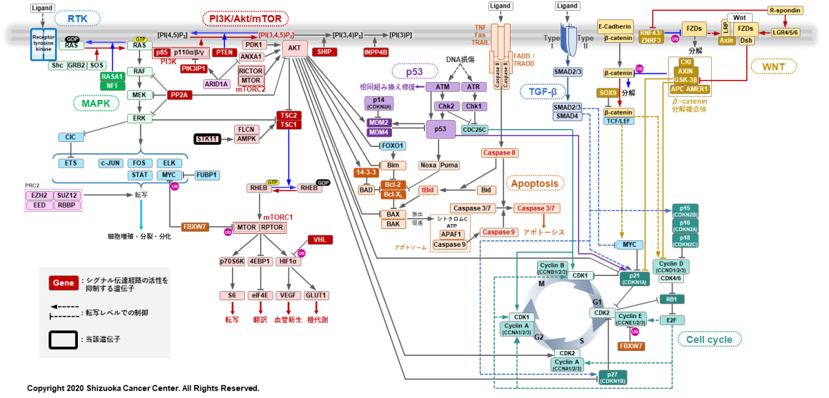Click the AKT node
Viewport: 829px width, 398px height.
[295, 49]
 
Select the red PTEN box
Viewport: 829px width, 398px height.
[225, 52]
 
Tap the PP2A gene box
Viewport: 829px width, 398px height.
[180, 95]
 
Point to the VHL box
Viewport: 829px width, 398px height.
[319, 240]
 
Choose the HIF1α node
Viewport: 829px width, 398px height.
[290, 262]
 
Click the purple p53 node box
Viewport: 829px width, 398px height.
[441, 129]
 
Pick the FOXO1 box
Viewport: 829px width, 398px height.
[393, 146]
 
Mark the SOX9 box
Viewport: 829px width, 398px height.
[608, 93]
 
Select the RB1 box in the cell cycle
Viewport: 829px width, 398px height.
[671, 300]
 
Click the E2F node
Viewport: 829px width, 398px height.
[671, 320]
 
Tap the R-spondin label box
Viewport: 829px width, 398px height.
[785, 10]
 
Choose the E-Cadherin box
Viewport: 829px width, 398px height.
[615, 26]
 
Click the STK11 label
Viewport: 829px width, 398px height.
[207, 138]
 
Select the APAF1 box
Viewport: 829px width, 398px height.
[451, 234]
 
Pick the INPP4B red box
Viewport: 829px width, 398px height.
[376, 52]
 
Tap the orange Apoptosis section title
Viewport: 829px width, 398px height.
[535, 183]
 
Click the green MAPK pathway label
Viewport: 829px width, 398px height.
[96, 103]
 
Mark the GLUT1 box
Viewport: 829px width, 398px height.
[316, 295]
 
